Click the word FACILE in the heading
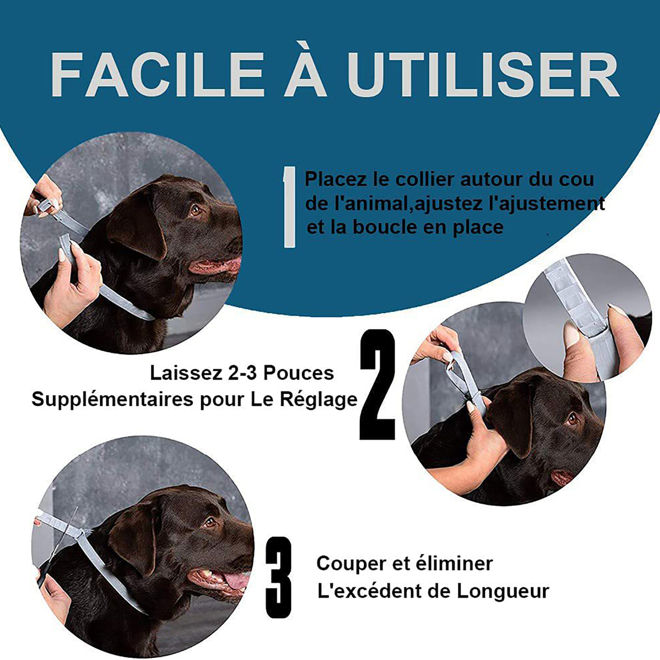pos(157,75)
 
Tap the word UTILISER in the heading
pos(483,75)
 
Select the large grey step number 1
pos(290,207)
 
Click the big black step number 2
pos(377,384)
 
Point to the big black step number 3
pos(278,577)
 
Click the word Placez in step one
pos(335,179)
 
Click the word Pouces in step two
pos(299,373)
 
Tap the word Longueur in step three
pos(502,591)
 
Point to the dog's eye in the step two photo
pos(572,419)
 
